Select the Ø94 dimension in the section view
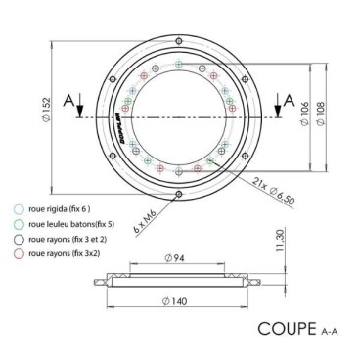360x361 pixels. click(x=177, y=262)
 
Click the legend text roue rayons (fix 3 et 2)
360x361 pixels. click(x=65, y=237)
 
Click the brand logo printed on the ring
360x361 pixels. click(x=119, y=121)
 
